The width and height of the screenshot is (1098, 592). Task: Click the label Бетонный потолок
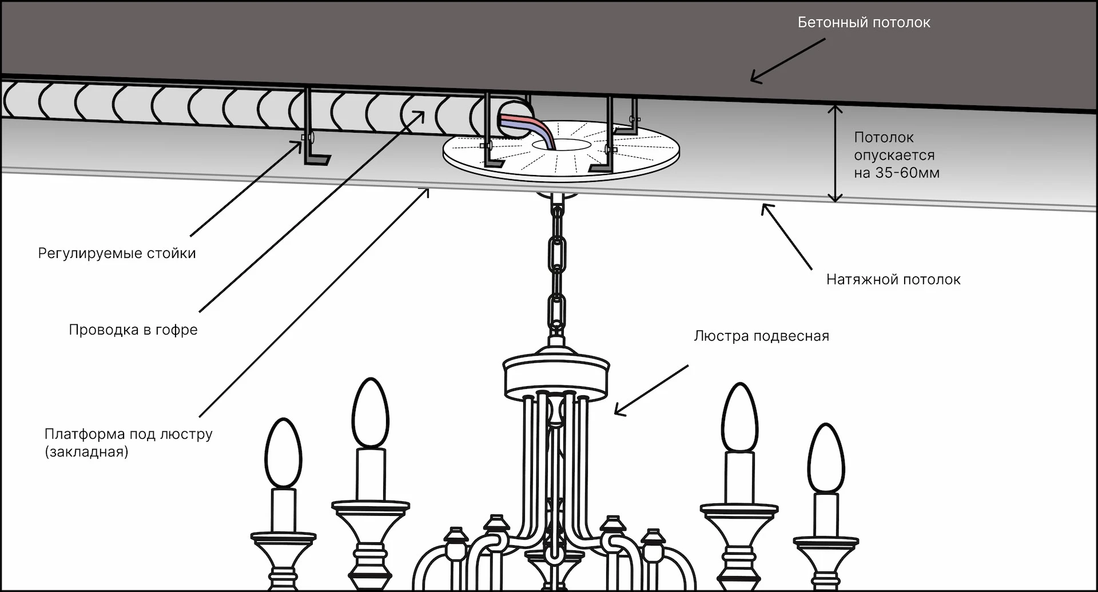tap(864, 23)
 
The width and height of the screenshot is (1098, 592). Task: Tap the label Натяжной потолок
tap(893, 280)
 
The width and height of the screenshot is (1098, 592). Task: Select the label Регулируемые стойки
tap(117, 253)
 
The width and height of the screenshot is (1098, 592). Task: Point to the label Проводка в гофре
tap(133, 330)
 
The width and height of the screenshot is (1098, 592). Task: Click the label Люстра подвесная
tap(761, 336)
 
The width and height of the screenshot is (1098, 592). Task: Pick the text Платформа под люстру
tap(128, 434)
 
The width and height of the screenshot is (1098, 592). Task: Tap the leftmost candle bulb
tap(283, 453)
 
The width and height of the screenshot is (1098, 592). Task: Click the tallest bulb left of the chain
tap(371, 413)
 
